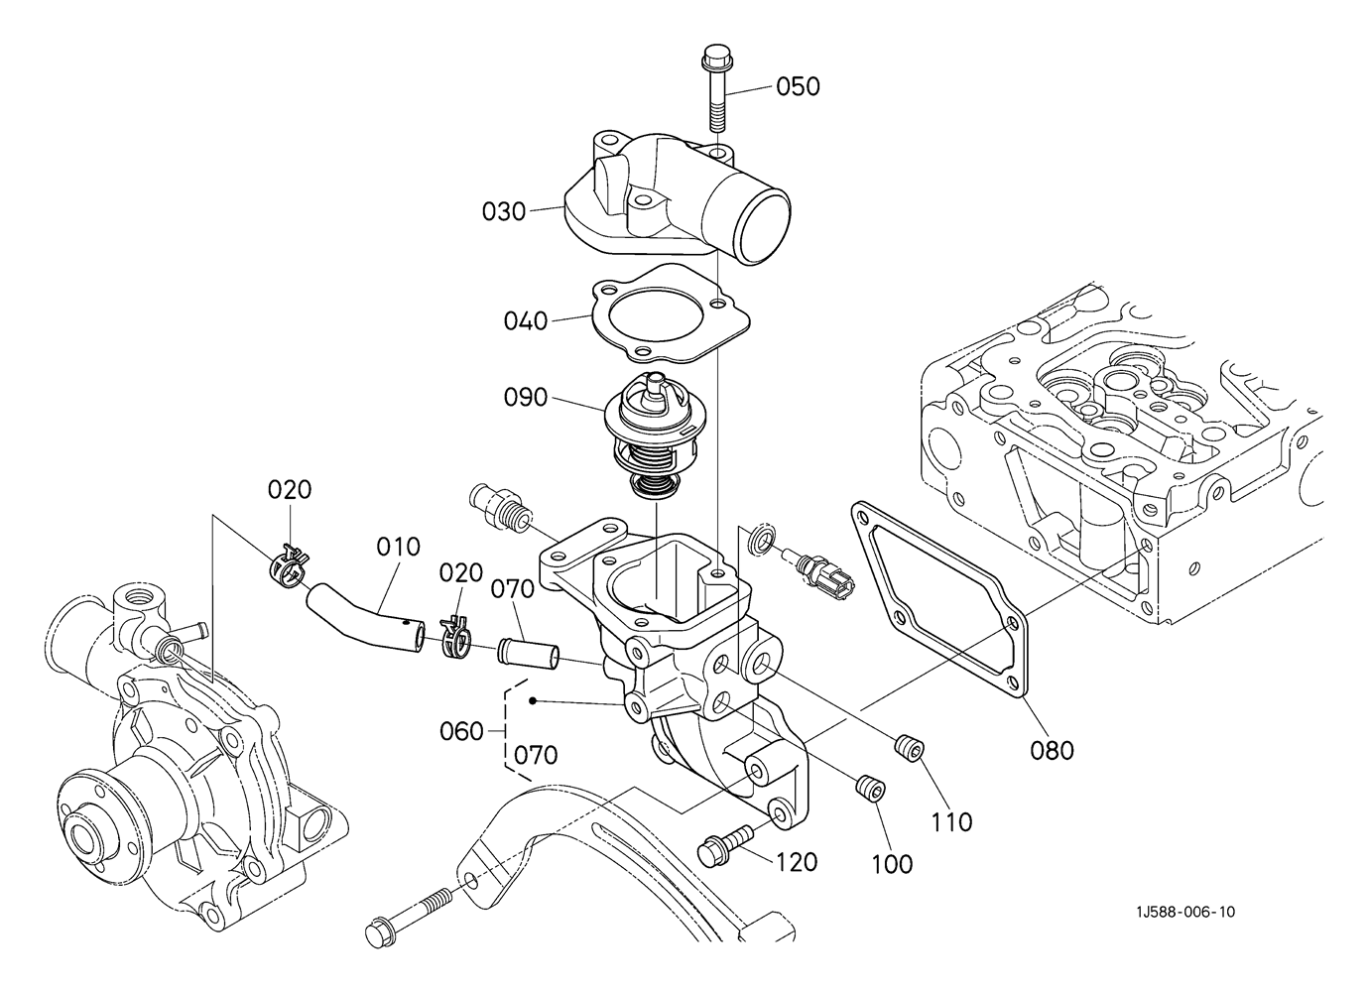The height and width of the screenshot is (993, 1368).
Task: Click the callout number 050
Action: (x=798, y=86)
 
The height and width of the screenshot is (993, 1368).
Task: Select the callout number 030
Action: (x=504, y=212)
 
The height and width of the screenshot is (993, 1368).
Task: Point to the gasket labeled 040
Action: (x=670, y=313)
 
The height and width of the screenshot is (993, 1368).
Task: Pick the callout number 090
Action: (x=525, y=398)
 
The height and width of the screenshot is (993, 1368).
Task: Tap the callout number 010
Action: (x=398, y=547)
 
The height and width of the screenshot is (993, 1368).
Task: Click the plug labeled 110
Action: (x=909, y=750)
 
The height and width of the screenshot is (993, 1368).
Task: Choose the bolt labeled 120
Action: (x=726, y=844)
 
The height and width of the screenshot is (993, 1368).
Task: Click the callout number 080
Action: (x=1052, y=751)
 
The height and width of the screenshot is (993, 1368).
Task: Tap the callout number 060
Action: (x=461, y=731)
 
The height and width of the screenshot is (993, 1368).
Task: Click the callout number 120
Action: (x=797, y=862)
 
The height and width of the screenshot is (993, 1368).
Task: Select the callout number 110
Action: (x=951, y=822)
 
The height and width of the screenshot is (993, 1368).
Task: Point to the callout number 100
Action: (x=892, y=864)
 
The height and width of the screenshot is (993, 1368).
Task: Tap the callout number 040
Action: (x=525, y=320)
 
